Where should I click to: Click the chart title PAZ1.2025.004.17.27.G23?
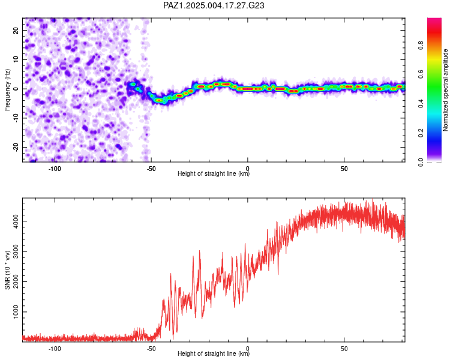[x=214, y=5]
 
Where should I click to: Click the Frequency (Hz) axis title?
[x=7, y=90]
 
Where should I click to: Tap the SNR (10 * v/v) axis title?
[x=7, y=270]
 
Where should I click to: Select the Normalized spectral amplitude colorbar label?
[x=445, y=90]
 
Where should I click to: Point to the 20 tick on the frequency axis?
[x=16, y=30]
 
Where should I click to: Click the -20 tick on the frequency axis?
[x=16, y=147]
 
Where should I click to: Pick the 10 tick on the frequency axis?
[x=16, y=59]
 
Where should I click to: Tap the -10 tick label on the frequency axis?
[x=16, y=118]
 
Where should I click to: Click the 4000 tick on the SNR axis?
[x=16, y=221]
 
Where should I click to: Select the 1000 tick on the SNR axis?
[x=16, y=312]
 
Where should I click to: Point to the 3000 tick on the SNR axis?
[x=16, y=251]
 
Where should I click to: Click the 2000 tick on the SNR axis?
[x=16, y=281]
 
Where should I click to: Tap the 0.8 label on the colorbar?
[x=421, y=46]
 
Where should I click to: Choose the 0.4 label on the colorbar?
[x=421, y=104]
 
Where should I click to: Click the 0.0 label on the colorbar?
[x=421, y=162]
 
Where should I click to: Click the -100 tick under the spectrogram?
[x=55, y=169]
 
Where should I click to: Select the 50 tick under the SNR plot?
[x=344, y=349]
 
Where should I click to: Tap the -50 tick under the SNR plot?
[x=151, y=349]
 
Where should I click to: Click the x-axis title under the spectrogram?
[x=214, y=173]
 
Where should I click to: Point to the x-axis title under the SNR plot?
[x=214, y=353]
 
